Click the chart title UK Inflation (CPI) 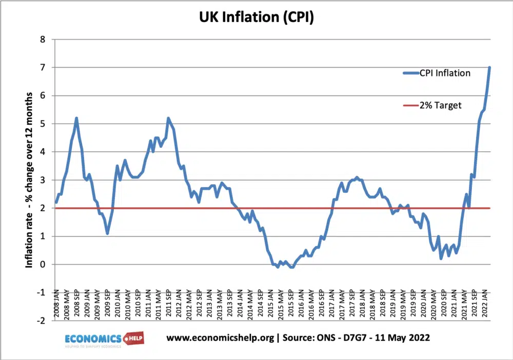tap(256, 17)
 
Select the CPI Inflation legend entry tap(445, 73)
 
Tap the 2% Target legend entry tap(440, 105)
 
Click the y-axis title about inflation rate tap(29, 180)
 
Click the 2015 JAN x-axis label tap(268, 305)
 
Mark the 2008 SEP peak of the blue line tap(76, 118)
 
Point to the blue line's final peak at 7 tap(490, 68)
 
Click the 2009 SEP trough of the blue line tap(107, 233)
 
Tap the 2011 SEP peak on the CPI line tap(168, 118)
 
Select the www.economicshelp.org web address tap(215, 338)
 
